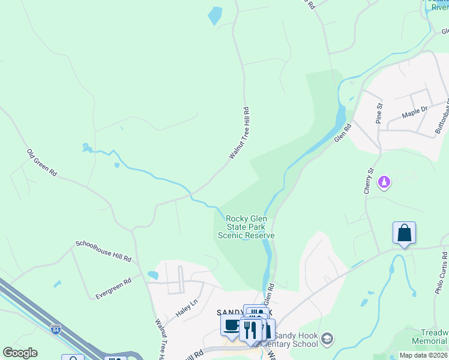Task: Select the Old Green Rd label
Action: click(41, 163)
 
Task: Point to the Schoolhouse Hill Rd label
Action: click(103, 251)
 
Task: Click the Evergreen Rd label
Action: click(113, 289)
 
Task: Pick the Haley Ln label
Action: click(186, 309)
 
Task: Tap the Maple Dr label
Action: click(415, 110)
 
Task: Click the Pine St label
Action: click(379, 113)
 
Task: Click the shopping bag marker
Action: click(404, 233)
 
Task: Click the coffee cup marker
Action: click(232, 326)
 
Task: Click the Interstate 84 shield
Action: click(55, 329)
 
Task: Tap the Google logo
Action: click(20, 353)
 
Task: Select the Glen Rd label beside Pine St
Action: click(342, 133)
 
